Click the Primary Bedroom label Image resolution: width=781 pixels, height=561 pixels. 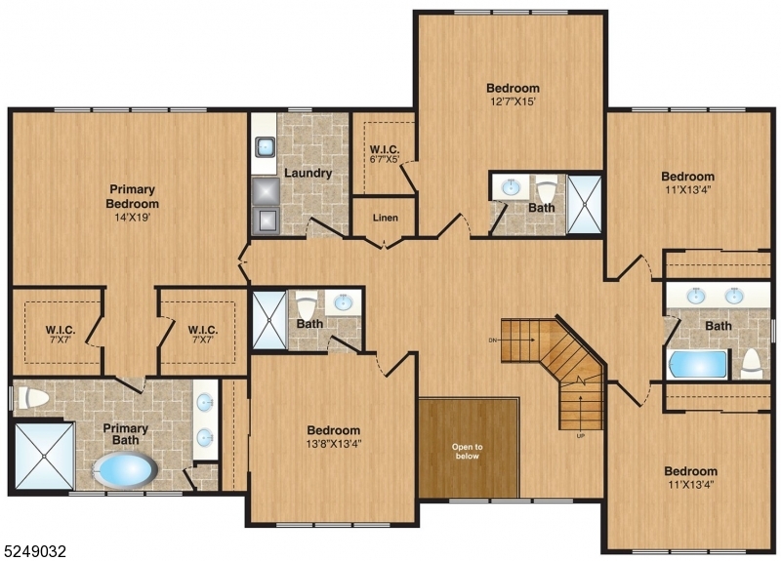133,196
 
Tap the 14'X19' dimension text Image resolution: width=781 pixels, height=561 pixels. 133,218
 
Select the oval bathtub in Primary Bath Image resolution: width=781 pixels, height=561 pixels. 126,470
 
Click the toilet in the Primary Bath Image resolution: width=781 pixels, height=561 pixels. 33,398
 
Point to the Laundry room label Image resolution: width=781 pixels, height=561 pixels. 308,174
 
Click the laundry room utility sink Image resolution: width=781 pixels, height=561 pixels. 265,147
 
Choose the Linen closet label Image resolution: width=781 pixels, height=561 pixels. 386,218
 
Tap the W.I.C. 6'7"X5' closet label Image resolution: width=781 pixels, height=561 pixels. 385,154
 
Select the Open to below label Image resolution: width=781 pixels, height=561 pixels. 468,452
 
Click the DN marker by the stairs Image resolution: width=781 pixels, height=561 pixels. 493,341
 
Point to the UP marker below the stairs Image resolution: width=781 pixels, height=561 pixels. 580,436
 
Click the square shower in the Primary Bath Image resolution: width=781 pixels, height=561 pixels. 44,457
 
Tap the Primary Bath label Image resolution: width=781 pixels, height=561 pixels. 126,434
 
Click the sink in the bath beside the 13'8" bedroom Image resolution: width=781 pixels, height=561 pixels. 342,301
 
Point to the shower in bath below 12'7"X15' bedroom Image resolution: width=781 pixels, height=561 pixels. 584,204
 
